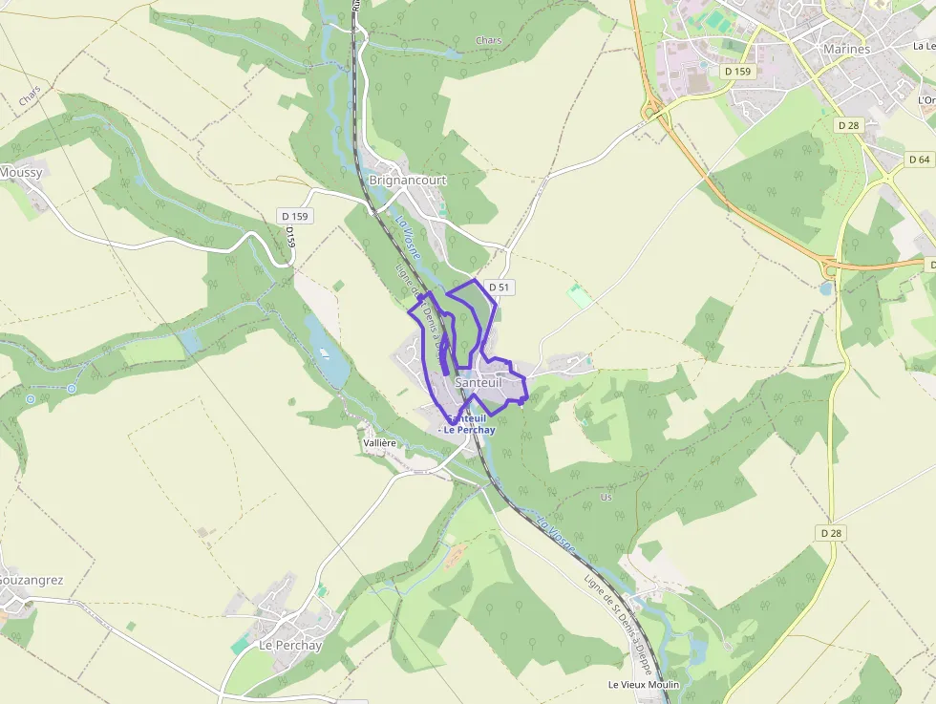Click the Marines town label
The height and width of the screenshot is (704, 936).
click(x=845, y=49)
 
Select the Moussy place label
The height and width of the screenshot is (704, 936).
click(x=21, y=172)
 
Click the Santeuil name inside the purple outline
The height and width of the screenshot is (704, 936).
click(x=479, y=382)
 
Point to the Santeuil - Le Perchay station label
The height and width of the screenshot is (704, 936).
click(x=467, y=424)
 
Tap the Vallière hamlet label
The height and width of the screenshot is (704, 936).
click(x=380, y=444)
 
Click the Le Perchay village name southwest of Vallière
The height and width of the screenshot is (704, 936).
click(x=290, y=645)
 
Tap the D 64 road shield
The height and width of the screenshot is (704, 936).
click(x=920, y=160)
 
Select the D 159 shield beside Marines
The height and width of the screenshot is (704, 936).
click(x=738, y=71)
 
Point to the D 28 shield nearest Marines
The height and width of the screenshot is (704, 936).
click(x=848, y=125)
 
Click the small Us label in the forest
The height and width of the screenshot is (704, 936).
click(x=606, y=497)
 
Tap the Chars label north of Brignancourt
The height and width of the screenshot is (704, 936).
click(x=487, y=40)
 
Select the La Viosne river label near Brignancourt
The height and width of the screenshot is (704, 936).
click(x=408, y=236)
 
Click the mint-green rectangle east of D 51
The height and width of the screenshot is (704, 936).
click(x=579, y=295)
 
